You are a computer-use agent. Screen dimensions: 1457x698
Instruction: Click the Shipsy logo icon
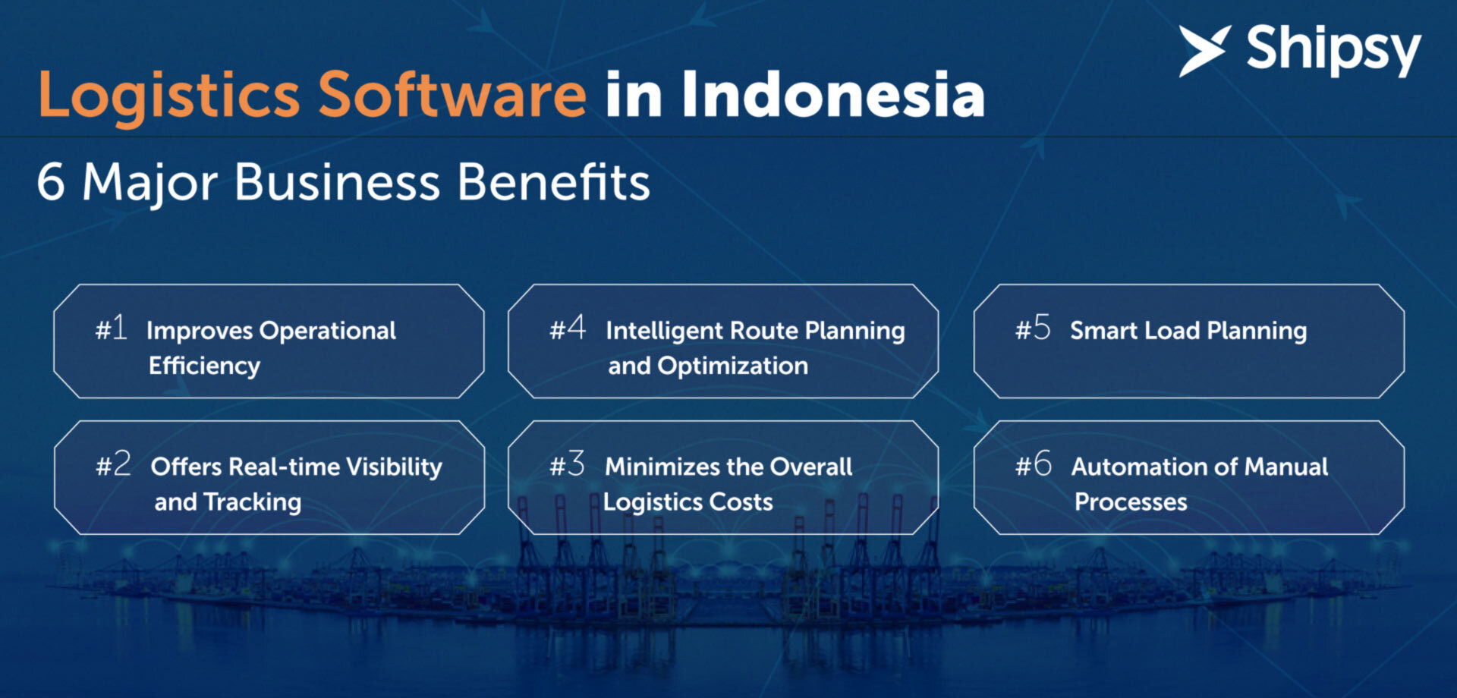click(1204, 51)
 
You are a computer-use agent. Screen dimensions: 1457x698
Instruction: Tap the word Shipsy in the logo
click(1333, 50)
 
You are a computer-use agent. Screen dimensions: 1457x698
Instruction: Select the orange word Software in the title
click(452, 94)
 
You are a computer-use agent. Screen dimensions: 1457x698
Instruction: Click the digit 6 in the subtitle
click(51, 181)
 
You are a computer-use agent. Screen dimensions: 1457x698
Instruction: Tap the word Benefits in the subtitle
click(554, 181)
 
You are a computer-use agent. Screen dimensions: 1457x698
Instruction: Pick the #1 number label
click(111, 329)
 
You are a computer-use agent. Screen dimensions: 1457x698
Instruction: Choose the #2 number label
click(113, 464)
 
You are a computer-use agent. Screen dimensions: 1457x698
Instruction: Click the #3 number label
click(567, 464)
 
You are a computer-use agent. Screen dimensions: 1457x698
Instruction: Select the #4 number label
click(568, 328)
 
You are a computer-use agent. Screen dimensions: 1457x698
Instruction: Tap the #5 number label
click(1033, 329)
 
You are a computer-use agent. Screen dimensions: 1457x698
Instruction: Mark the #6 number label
click(1034, 464)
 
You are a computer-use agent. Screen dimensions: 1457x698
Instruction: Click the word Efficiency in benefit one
click(204, 366)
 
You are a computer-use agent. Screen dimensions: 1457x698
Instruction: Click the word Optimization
click(733, 366)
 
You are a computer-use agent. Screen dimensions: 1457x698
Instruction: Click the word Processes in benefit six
click(1131, 502)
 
